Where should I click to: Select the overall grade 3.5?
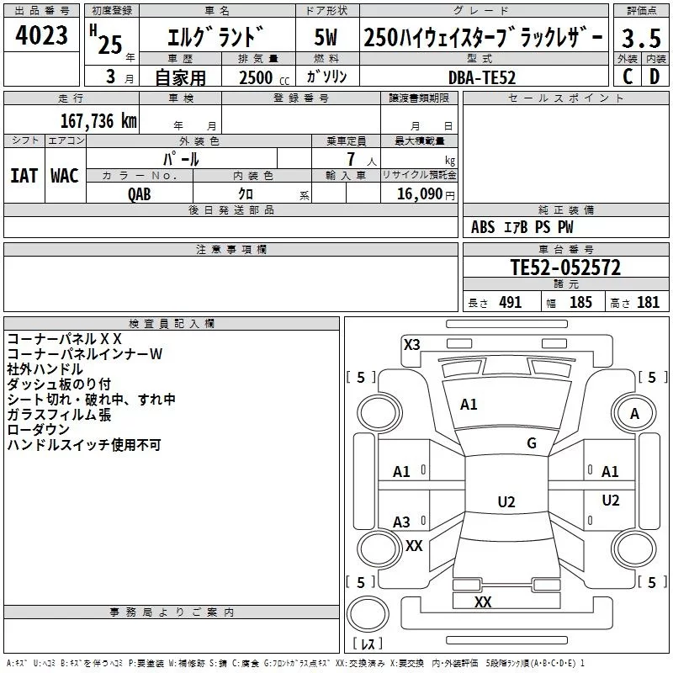640,39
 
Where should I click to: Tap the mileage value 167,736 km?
98,120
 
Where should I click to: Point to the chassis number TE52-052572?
565,268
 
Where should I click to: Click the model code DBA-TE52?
482,77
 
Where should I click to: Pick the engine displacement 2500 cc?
257,77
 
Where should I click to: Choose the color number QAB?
140,193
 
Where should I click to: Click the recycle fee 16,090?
419,193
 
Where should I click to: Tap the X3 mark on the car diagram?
412,344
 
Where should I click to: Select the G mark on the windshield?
532,443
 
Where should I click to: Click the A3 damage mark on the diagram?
402,522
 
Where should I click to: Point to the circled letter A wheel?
634,414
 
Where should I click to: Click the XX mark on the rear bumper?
483,602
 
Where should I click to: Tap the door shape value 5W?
326,39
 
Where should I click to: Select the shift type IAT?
24,176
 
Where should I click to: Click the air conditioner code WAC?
64,176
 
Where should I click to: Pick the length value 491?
510,303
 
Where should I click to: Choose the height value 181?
649,303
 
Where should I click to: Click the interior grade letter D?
654,77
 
